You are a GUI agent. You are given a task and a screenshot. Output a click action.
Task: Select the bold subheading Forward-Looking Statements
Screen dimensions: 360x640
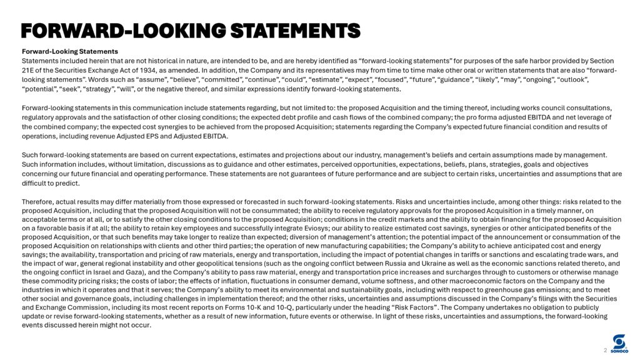click(x=70, y=51)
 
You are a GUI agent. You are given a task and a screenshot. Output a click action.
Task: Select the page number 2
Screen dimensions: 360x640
click(x=606, y=351)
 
